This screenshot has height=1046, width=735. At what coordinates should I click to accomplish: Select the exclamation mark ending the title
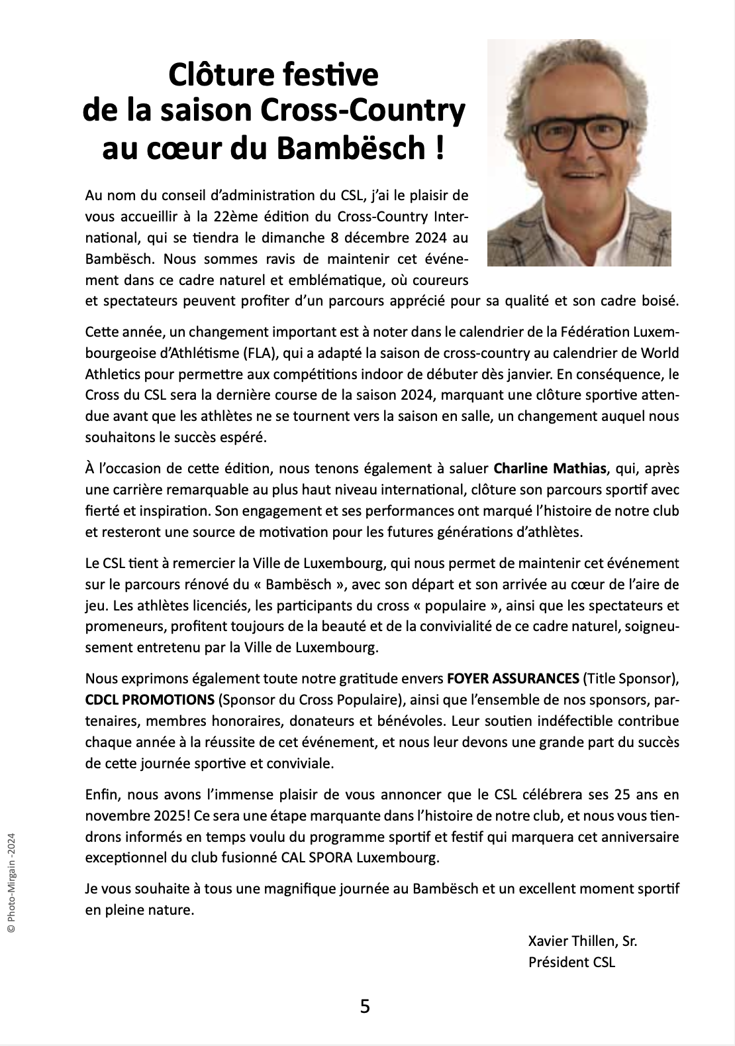point(440,147)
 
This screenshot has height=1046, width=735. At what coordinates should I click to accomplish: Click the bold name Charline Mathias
point(551,469)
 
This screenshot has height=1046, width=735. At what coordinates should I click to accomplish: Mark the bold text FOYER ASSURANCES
point(513,679)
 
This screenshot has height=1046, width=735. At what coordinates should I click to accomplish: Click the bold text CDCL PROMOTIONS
point(150,700)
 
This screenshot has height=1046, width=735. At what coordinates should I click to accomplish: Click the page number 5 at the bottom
point(365,1007)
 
